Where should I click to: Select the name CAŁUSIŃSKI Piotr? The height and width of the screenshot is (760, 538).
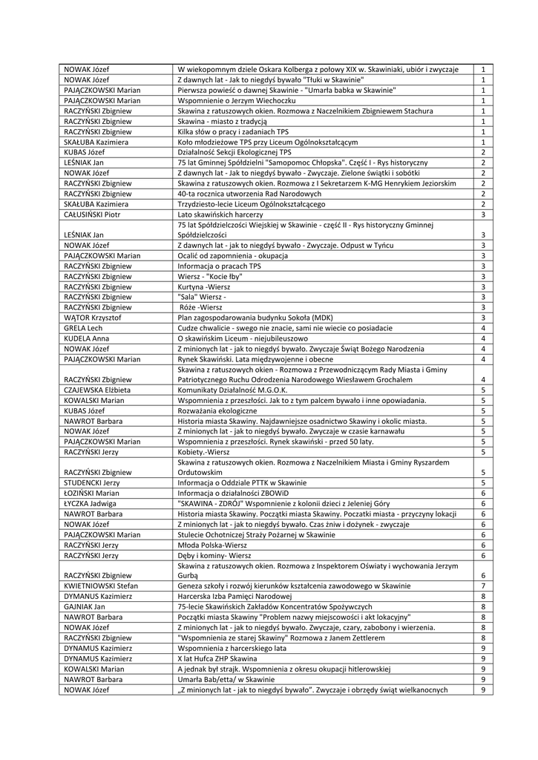(92, 214)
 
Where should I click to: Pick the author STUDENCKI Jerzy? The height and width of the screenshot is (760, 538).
(92, 482)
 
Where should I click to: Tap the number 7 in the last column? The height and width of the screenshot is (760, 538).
(483, 585)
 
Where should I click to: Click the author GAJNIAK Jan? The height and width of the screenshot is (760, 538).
(84, 606)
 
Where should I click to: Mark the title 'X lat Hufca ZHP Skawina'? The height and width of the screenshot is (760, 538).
(223, 658)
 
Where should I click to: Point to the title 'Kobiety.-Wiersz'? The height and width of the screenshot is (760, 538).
(204, 451)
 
